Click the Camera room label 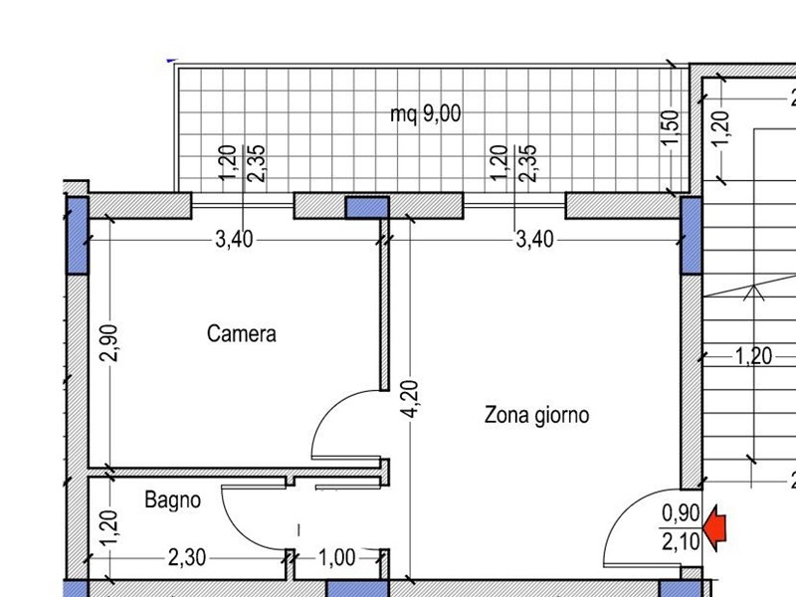coord(242,334)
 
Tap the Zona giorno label coord(536,415)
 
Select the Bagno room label coord(172,499)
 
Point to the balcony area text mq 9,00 coord(426,113)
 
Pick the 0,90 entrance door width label coord(681,513)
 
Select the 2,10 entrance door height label coord(681,541)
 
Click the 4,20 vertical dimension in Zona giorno coord(410,399)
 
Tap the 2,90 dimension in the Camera coord(109,342)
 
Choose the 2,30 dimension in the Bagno coord(187,558)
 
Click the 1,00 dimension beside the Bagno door coord(336,558)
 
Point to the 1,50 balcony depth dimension coord(671,127)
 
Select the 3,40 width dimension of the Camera coord(234,239)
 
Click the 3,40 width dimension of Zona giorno coord(534,239)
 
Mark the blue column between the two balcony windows coord(367,208)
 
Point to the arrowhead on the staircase coord(754,293)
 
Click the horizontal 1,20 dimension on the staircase coord(754,356)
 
